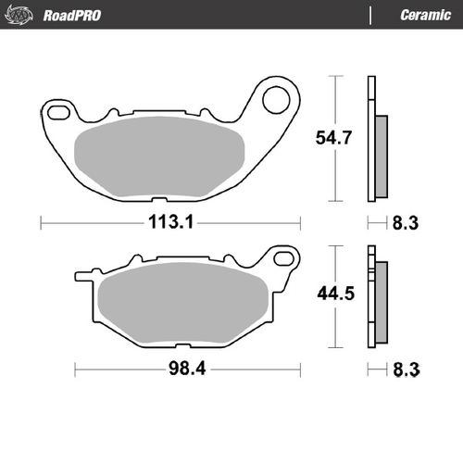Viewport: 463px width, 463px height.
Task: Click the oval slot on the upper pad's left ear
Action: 59,113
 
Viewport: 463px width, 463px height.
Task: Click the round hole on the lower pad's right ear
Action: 282,260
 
